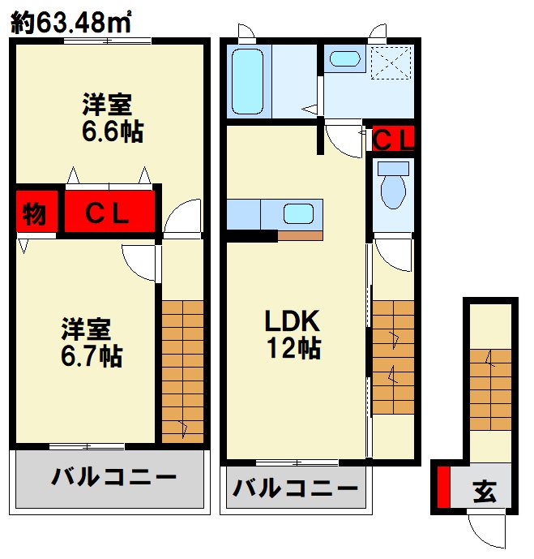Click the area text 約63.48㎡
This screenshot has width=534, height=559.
tap(71, 23)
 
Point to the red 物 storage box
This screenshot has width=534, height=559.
tap(34, 214)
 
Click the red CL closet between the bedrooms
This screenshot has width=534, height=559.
tap(109, 214)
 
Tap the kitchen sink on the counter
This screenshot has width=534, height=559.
tap(298, 214)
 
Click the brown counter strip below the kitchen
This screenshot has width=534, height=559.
tap(300, 236)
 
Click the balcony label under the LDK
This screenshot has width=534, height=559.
tap(296, 488)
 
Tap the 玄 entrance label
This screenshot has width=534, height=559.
tap(484, 492)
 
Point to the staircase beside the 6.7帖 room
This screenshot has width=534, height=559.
tap(182, 369)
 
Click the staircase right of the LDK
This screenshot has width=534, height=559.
tap(393, 357)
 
